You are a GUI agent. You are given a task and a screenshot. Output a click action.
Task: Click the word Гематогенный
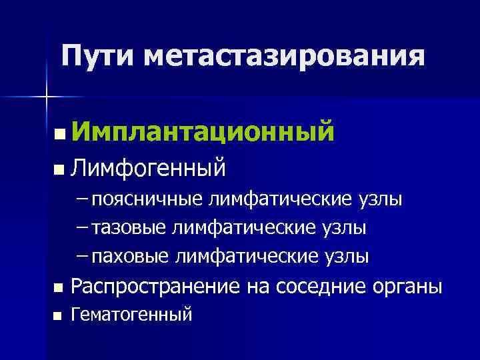[x=131, y=313]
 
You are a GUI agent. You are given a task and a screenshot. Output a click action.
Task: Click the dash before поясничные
[x=83, y=199]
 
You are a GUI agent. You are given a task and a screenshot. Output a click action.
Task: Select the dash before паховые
[x=83, y=256]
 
